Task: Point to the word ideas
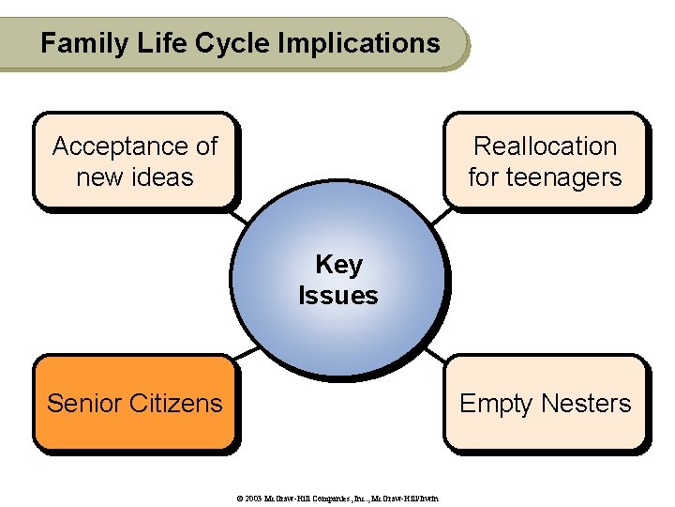point(164,177)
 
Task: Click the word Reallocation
point(545,146)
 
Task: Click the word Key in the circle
point(338,265)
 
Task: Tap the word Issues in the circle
point(338,296)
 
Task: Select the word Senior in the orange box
point(82,404)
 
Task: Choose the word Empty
point(496,404)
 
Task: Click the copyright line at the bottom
point(338,497)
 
